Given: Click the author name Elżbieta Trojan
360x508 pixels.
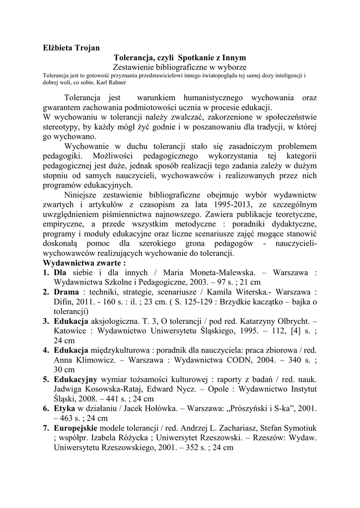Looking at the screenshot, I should (72, 48).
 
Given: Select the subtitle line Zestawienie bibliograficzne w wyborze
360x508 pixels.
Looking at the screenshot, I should (180, 66).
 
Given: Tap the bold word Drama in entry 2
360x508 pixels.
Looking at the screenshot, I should (67, 292).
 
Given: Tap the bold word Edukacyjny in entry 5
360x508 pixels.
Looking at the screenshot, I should (76, 380).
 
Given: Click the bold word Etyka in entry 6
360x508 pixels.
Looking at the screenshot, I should (65, 409).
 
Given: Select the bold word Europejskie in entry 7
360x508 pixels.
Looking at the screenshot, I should (77, 428).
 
